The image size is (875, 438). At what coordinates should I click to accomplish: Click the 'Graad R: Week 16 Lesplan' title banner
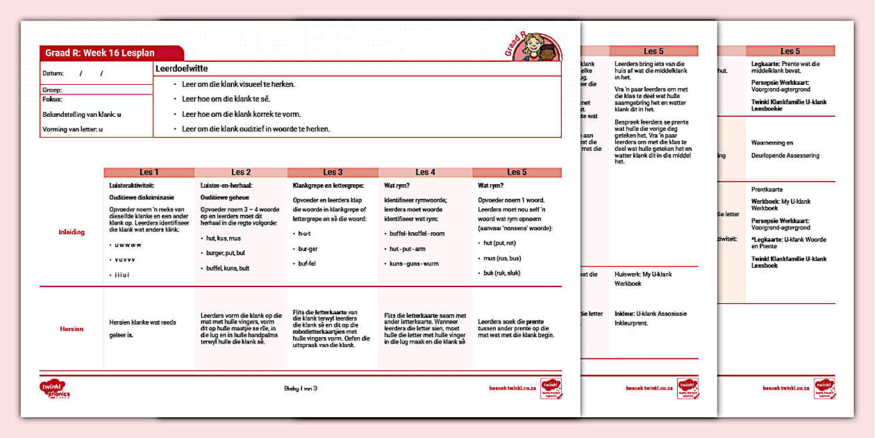click(100, 53)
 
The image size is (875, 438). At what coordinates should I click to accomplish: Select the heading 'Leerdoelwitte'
click(182, 69)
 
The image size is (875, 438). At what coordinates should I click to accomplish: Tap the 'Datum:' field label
click(53, 73)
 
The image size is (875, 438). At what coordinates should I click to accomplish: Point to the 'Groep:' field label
click(52, 90)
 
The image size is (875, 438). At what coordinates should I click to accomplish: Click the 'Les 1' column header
click(149, 172)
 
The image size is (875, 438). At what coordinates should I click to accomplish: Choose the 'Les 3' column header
click(333, 172)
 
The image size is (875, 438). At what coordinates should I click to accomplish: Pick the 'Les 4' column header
click(425, 172)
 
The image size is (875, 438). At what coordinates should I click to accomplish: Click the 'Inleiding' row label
click(72, 232)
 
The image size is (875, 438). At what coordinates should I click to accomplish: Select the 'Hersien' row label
click(72, 329)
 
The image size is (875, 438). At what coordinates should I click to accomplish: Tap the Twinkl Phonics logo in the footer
click(56, 389)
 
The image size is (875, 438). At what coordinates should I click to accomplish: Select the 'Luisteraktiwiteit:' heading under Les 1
click(132, 186)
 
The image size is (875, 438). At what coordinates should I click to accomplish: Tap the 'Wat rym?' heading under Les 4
click(396, 186)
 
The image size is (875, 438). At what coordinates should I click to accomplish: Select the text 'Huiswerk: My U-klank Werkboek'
click(642, 279)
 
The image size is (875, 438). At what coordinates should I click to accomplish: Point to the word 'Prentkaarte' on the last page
click(767, 189)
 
